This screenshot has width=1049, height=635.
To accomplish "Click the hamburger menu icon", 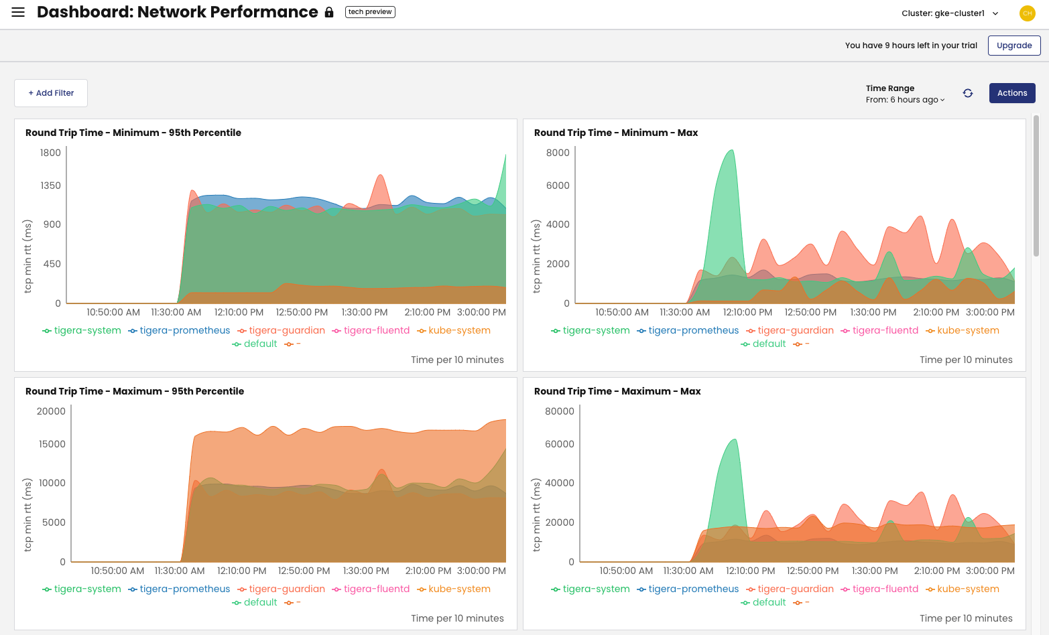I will (x=18, y=12).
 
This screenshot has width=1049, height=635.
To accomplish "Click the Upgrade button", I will (x=1013, y=46).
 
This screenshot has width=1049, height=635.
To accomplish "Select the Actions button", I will (x=1011, y=93).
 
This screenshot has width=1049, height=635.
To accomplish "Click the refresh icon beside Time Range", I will (x=967, y=93).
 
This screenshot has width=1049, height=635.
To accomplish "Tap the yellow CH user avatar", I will (x=1027, y=13).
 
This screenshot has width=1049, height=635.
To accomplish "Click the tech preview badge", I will (x=370, y=12).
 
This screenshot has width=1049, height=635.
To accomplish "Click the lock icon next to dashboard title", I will (x=329, y=13).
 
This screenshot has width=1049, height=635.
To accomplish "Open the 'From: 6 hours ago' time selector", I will (x=905, y=100).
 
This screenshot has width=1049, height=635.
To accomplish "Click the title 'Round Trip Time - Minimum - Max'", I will (x=615, y=133).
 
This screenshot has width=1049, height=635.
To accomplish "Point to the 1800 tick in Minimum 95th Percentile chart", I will (x=50, y=153).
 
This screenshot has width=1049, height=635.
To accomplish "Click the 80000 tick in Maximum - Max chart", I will (x=559, y=411).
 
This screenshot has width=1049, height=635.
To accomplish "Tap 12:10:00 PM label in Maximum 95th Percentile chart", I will (x=241, y=571).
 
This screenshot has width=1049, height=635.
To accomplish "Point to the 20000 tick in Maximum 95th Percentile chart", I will (x=51, y=411).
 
